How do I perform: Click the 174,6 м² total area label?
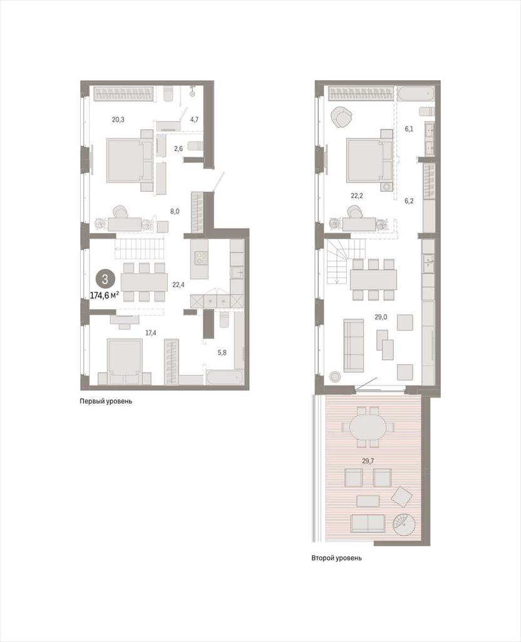[x=104, y=295]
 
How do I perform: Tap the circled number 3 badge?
[x=105, y=280]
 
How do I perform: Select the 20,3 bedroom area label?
[x=118, y=120]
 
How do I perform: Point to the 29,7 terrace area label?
[x=368, y=461]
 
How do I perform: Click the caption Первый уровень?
[x=106, y=401]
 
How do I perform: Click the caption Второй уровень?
[x=336, y=557]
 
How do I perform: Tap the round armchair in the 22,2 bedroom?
[x=341, y=118]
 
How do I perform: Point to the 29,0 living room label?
[x=381, y=317]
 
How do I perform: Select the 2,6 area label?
[x=178, y=148]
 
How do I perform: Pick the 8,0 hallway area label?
[x=175, y=211]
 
